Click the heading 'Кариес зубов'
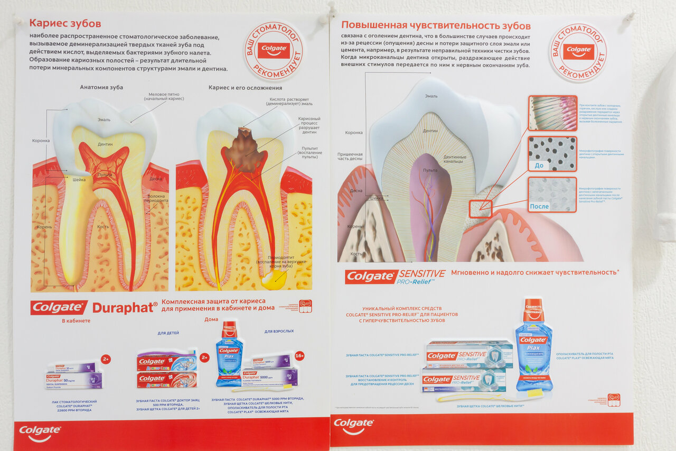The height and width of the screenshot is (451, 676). [65, 23]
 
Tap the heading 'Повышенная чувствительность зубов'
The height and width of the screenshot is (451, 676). [436, 25]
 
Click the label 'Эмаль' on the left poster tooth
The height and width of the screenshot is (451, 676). [104, 119]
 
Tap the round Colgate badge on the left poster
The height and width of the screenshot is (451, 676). [274, 51]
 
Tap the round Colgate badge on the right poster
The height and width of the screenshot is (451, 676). [578, 52]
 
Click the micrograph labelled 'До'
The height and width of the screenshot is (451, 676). [552, 154]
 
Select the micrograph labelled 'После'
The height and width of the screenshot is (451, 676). [552, 195]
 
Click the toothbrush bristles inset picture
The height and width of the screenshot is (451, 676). [552, 113]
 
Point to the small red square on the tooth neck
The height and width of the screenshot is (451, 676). [481, 209]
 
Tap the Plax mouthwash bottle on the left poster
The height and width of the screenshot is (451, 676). [229, 353]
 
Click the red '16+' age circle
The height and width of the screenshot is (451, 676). [299, 355]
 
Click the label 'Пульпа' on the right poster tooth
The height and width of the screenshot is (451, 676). [430, 170]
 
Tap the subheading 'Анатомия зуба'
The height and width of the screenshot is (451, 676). [101, 87]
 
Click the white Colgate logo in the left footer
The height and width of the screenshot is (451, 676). [40, 432]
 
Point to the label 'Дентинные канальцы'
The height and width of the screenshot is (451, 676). [455, 159]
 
